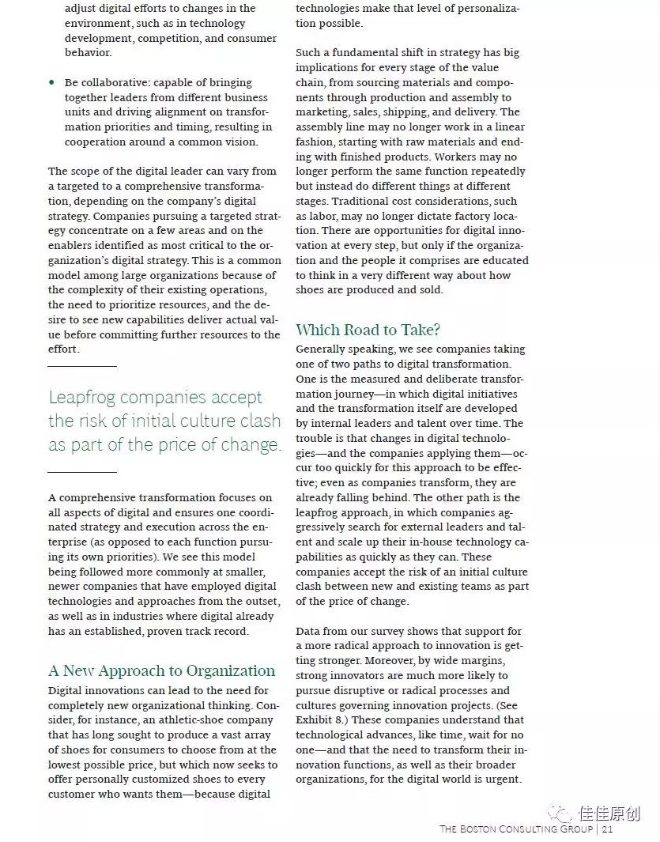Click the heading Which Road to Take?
tap(368, 330)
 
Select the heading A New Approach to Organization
tap(161, 670)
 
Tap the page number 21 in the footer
tap(607, 829)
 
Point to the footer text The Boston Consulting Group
tap(516, 829)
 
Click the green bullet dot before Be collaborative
tap(52, 82)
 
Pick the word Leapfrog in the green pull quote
tap(84, 397)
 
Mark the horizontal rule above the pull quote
tap(81, 366)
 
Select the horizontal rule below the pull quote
tap(81, 472)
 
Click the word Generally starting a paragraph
tap(322, 349)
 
